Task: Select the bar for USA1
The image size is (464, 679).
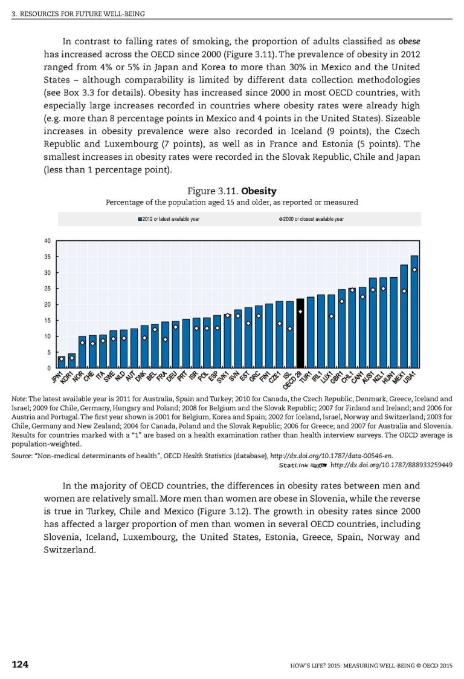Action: tap(414, 312)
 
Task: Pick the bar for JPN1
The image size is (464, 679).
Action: tap(61, 362)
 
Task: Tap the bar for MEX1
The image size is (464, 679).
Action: tap(404, 316)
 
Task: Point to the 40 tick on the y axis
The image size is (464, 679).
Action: tap(47, 241)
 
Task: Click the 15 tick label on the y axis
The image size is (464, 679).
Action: tap(47, 321)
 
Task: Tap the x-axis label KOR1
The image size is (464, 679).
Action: tap(68, 378)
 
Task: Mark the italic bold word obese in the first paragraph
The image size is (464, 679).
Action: tap(409, 42)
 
